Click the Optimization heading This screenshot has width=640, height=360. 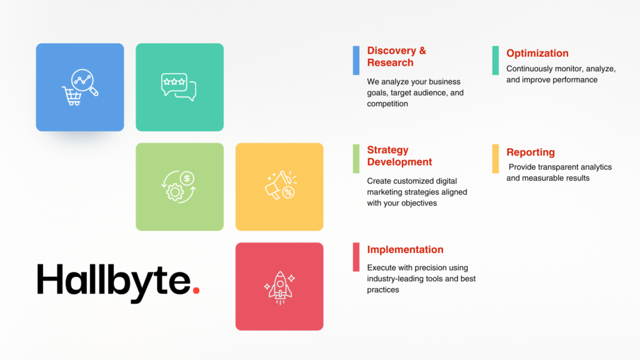click(537, 54)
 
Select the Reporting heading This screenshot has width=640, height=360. click(531, 152)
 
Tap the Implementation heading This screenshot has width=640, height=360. click(405, 249)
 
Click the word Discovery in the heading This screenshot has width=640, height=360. click(391, 51)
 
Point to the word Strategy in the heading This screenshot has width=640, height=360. click(387, 150)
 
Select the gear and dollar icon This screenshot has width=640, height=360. click(179, 187)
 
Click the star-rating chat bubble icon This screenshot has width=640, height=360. click(179, 87)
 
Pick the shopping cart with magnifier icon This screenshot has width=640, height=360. click(80, 87)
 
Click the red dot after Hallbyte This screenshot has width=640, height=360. click(196, 290)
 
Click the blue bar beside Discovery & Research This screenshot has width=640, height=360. click(356, 61)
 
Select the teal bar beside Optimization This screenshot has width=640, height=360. click(496, 61)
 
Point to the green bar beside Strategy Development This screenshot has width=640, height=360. click(356, 159)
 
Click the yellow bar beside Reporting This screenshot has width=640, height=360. click(496, 159)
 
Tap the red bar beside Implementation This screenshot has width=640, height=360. click(356, 257)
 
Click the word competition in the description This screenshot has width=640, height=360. click(387, 104)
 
